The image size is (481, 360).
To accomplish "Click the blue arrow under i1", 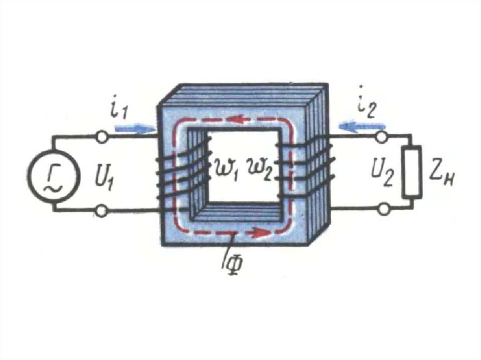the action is pyautogui.click(x=132, y=127).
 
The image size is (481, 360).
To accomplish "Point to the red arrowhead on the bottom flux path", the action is pyautogui.click(x=256, y=232).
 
